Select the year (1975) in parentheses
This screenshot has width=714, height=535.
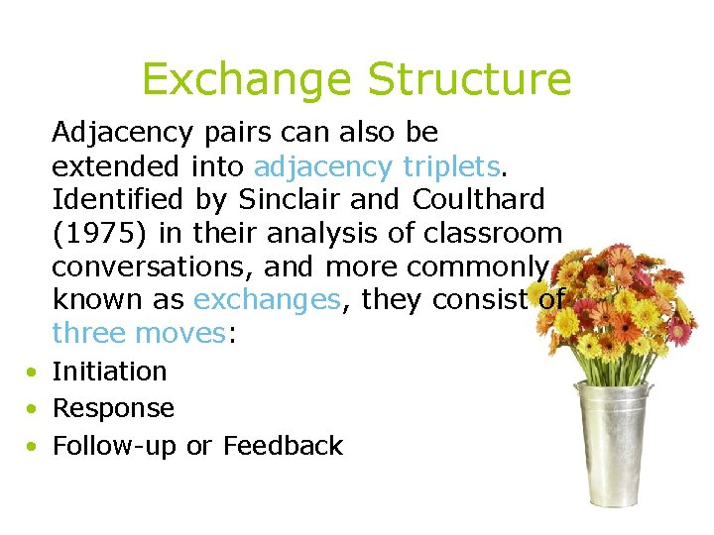(x=92, y=233)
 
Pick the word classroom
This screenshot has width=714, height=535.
(x=495, y=233)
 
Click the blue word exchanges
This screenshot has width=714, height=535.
(x=269, y=300)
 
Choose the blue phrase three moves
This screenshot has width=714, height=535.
(x=140, y=334)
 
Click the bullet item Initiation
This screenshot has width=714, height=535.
(x=109, y=372)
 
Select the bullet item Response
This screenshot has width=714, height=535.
(x=113, y=408)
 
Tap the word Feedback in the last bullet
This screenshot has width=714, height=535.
(x=283, y=446)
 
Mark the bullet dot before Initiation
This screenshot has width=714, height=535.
(x=34, y=373)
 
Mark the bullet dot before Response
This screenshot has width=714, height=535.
(x=34, y=409)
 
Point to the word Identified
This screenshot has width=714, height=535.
(x=117, y=199)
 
